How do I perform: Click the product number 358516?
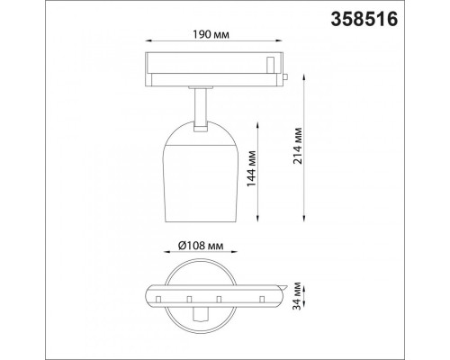pos(364,20)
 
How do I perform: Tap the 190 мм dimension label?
pos(211,35)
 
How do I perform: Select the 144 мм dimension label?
pos(251,168)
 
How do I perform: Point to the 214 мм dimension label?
pos(298,146)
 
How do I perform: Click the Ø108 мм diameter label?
pos(201,247)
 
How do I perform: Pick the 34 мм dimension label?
pos(297,296)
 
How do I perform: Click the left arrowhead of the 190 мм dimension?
pos(148,40)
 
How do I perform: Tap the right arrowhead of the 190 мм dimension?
pos(279,40)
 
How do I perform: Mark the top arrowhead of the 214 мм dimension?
pos(304,76)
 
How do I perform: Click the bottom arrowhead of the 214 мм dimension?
pos(304,219)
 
